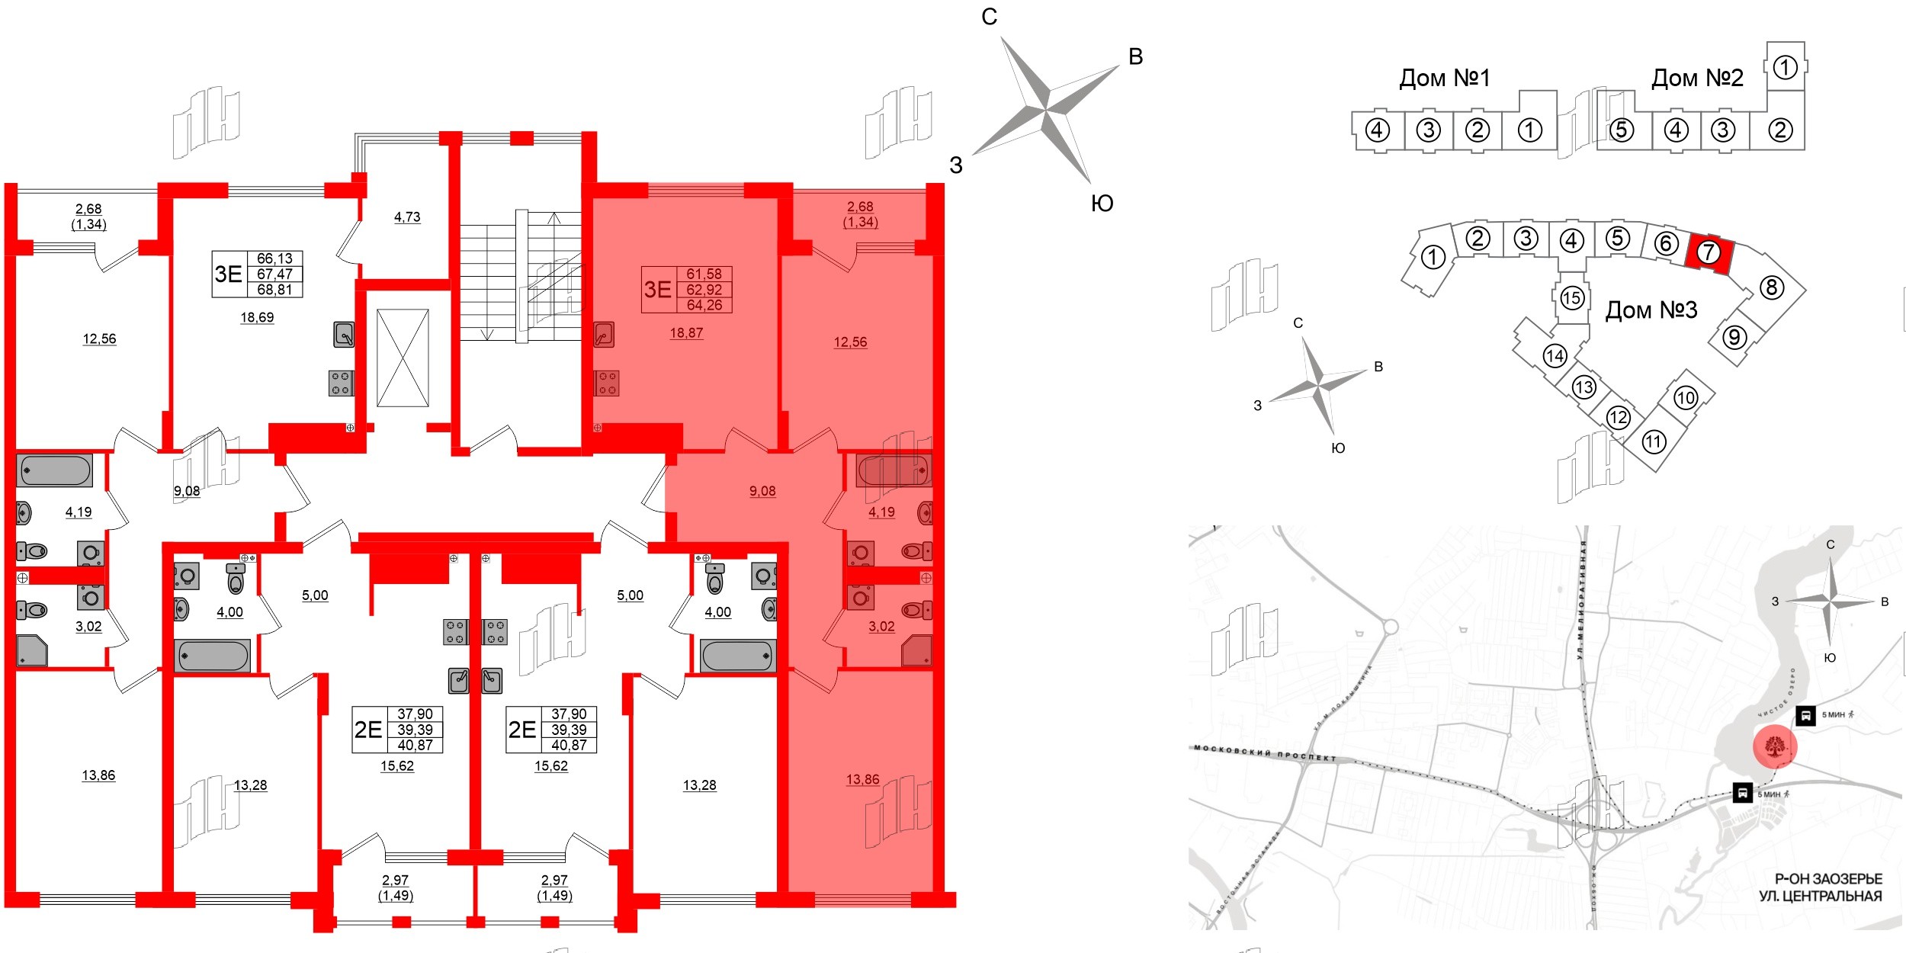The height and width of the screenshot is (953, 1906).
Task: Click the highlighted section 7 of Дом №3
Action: [1708, 252]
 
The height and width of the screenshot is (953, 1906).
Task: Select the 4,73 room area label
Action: [407, 217]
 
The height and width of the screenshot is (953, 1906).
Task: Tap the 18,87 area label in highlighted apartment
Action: [686, 333]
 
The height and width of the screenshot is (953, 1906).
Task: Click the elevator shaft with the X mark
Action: [403, 358]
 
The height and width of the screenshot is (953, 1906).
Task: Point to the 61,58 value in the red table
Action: [704, 274]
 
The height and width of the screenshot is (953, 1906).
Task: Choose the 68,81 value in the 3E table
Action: [274, 290]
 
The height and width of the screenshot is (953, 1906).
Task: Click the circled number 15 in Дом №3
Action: [1571, 297]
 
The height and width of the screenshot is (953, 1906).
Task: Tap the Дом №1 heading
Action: [1444, 78]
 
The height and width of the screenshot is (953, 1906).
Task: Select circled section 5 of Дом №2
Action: [1621, 130]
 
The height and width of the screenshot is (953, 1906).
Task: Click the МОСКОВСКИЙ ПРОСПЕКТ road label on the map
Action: [1265, 753]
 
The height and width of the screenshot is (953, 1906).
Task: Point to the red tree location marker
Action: [1775, 747]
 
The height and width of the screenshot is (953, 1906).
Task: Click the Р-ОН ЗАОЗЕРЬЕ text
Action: [1827, 879]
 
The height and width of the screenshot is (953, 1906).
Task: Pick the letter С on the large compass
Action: [989, 17]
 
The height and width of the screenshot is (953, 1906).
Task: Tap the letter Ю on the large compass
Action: [1102, 203]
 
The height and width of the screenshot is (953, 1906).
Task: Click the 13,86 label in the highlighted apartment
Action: [862, 779]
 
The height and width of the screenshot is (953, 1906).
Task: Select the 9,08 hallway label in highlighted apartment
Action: [762, 491]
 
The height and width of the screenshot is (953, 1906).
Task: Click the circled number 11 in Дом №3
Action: [1653, 441]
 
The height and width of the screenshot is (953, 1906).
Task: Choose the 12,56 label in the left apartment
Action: [99, 339]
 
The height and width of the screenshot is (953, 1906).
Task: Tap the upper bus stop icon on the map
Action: [1805, 715]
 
